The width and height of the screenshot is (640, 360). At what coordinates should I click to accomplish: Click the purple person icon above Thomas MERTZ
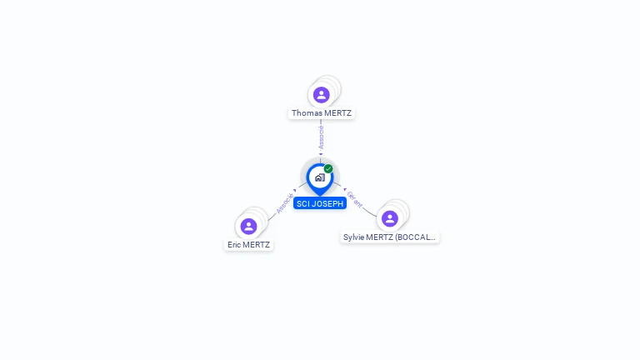click(322, 95)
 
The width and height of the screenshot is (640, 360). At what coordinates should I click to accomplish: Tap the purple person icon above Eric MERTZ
click(248, 226)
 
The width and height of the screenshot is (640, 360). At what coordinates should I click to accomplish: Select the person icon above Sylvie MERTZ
click(389, 218)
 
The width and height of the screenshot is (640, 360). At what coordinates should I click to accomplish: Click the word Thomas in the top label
click(306, 113)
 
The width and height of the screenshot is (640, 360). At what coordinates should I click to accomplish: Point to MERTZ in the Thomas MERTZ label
click(337, 113)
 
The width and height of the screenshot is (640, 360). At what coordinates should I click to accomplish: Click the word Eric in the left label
click(235, 245)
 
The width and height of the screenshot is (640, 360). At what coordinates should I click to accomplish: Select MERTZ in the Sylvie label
click(381, 237)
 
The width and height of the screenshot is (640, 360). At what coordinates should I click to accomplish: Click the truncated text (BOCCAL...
click(416, 237)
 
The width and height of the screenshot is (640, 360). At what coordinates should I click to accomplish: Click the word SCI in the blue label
click(302, 203)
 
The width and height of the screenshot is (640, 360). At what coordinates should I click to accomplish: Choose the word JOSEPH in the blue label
click(327, 203)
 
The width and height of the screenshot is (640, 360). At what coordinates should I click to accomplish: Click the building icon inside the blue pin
click(319, 177)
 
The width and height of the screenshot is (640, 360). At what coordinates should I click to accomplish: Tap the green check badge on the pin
click(328, 169)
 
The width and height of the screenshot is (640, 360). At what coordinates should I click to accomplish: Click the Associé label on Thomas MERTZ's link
click(321, 137)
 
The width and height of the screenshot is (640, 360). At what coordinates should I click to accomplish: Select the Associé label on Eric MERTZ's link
click(284, 204)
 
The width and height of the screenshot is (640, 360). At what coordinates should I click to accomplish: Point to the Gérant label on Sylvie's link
click(355, 199)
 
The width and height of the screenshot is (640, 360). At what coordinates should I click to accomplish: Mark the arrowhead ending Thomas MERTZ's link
click(321, 153)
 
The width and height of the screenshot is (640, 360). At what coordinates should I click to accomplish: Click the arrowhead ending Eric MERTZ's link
click(295, 191)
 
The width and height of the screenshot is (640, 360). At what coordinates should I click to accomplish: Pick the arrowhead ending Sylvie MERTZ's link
click(344, 189)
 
